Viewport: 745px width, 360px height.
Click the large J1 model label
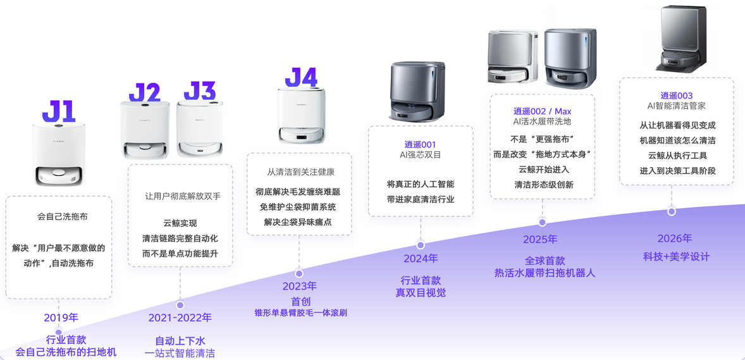click(x=59, y=111)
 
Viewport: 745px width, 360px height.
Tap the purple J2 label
click(x=144, y=93)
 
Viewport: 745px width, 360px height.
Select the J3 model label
click(x=200, y=91)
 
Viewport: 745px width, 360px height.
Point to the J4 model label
click(x=301, y=78)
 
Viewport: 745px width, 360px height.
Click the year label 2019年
click(x=61, y=318)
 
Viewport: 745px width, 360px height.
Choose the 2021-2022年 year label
click(x=180, y=318)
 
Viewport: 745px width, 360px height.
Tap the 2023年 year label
click(x=299, y=286)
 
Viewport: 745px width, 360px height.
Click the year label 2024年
click(x=421, y=259)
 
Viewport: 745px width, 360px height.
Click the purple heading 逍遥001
click(x=420, y=145)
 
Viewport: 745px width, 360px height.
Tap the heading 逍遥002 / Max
click(x=542, y=111)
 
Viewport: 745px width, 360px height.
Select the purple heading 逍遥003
click(x=677, y=96)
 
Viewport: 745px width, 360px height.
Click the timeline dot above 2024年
click(x=421, y=245)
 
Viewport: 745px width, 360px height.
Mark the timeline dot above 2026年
click(x=672, y=211)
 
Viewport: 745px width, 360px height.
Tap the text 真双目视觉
click(x=421, y=293)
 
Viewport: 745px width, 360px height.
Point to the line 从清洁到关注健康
click(x=299, y=171)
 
